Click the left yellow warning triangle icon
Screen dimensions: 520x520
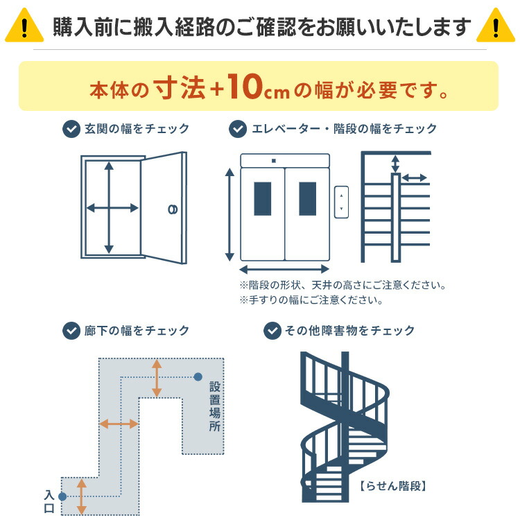[x=24, y=26]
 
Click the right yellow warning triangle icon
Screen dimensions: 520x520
[x=496, y=26]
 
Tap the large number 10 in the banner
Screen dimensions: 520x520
[x=244, y=87]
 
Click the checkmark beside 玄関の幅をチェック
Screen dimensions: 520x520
[x=71, y=129]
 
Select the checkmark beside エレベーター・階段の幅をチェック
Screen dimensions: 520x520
[x=238, y=129]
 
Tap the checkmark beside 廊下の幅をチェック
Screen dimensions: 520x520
[x=71, y=330]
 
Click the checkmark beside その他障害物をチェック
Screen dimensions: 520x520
[x=272, y=330]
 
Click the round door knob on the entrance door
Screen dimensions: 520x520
[x=172, y=209]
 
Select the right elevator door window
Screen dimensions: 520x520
[x=307, y=198]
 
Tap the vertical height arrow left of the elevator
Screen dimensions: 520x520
[x=229, y=214]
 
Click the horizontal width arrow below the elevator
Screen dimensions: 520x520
[x=284, y=269]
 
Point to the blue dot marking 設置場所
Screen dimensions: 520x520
[x=198, y=377]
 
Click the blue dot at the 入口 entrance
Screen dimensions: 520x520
[x=62, y=496]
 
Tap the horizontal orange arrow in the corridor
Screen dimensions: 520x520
[x=119, y=423]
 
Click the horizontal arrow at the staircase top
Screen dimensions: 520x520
[x=415, y=178]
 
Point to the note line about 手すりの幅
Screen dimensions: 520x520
[x=311, y=300]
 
